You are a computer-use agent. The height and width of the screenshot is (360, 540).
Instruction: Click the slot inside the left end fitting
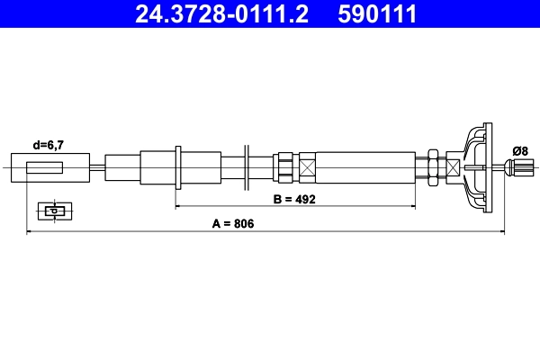click(45, 167)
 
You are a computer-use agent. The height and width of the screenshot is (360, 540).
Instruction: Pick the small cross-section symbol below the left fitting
click(55, 211)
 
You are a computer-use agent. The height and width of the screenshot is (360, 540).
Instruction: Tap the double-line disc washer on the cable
click(245, 167)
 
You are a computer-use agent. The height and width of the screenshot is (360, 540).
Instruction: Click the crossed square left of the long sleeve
click(308, 167)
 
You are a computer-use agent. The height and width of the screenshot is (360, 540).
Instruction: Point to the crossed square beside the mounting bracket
click(450, 167)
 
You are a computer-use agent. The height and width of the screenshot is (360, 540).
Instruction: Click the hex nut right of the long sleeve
click(434, 167)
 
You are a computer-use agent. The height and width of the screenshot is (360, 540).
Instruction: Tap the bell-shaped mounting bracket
click(477, 167)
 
